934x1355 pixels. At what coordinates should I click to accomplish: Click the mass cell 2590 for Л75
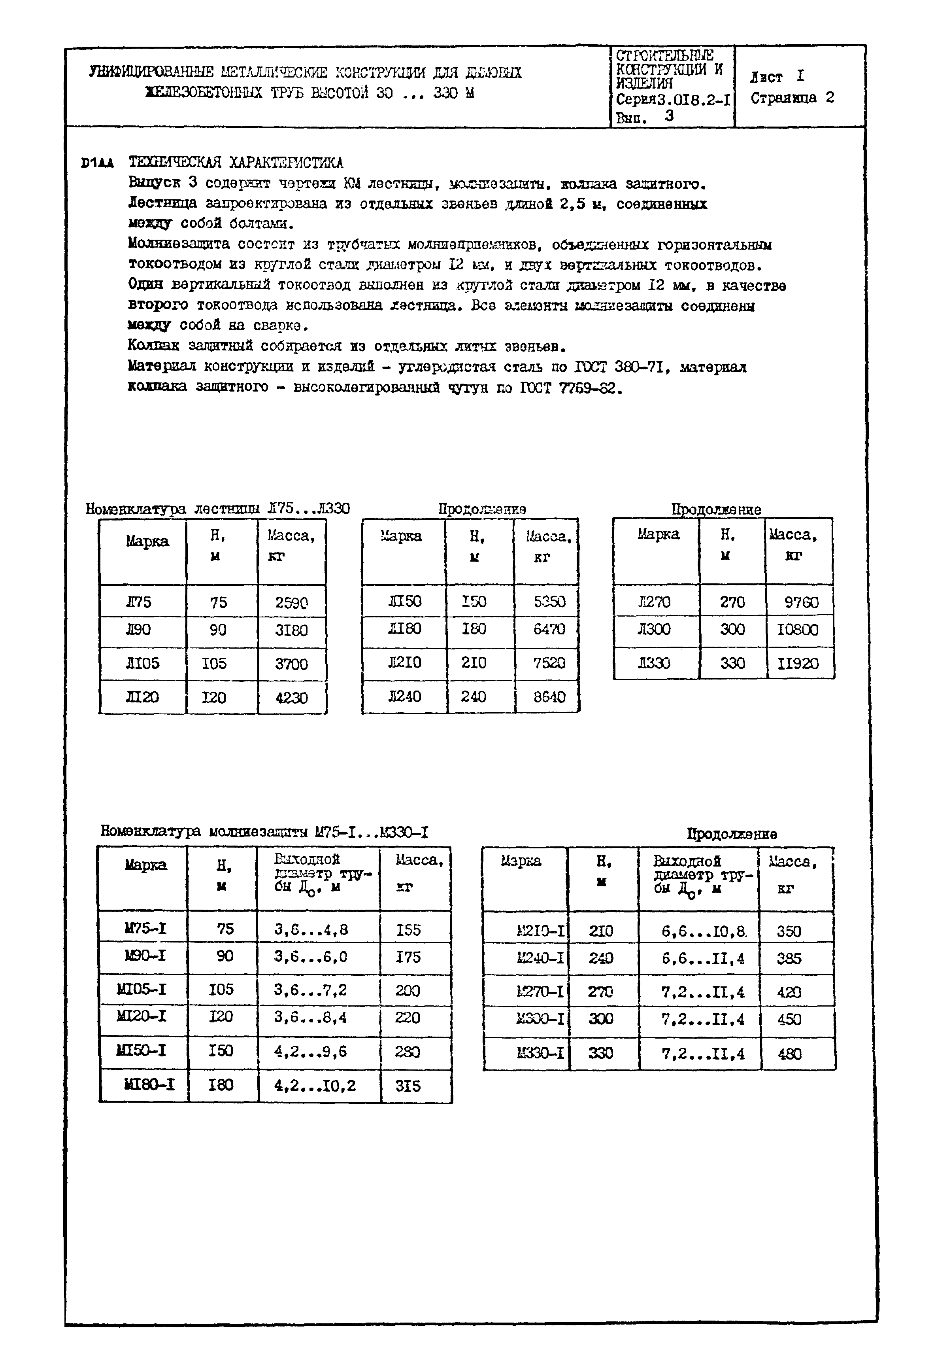point(291,602)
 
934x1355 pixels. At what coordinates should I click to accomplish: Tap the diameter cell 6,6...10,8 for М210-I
point(704,931)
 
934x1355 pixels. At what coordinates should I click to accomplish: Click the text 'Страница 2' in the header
point(792,98)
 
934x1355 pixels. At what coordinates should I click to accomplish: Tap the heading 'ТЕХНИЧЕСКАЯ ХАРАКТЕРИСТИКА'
point(236,162)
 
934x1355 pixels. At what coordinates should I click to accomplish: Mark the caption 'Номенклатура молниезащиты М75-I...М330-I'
point(264,831)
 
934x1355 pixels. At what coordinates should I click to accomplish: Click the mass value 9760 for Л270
point(800,602)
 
